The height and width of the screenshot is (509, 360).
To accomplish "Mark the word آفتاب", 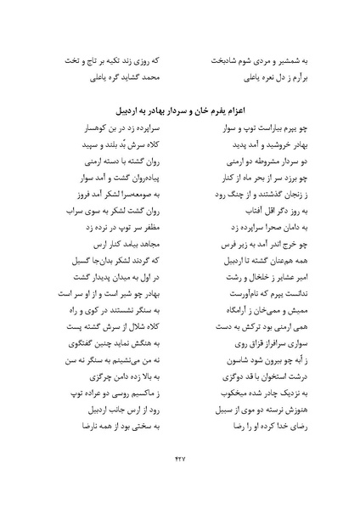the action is click(x=230, y=225).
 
